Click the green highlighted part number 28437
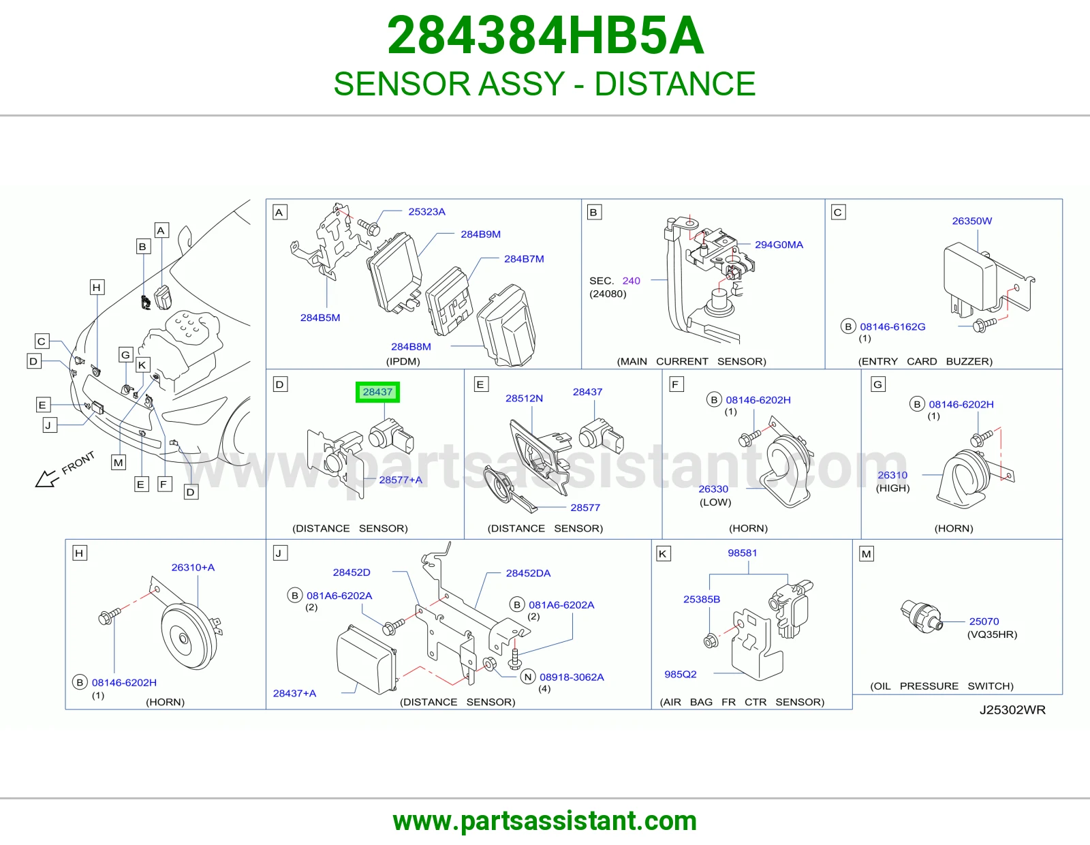[377, 392]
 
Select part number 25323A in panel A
[426, 212]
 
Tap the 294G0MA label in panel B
[779, 245]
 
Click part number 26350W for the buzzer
[971, 221]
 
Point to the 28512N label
[524, 399]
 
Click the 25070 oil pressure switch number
[984, 621]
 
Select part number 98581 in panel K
[742, 553]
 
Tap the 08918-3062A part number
[572, 677]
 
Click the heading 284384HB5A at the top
[545, 35]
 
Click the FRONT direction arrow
[46, 478]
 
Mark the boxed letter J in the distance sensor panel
[279, 553]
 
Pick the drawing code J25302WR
[1012, 710]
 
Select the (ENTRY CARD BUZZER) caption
[925, 361]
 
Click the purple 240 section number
[631, 281]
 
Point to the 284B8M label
[411, 347]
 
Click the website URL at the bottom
[545, 821]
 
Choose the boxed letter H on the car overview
[97, 288]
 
